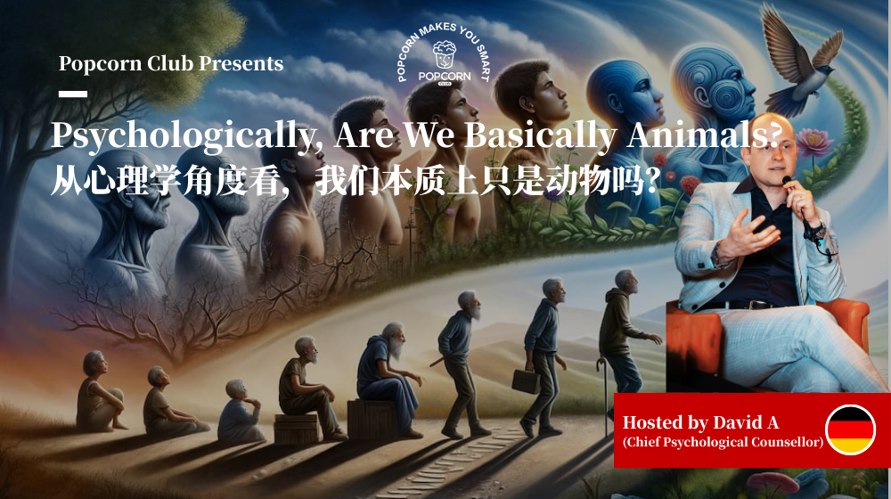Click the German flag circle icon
(x=850, y=429)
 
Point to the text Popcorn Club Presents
(x=171, y=64)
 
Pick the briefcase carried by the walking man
(x=525, y=381)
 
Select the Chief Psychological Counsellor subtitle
(x=723, y=442)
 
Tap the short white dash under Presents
(x=72, y=94)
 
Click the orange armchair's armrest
(x=850, y=315)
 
